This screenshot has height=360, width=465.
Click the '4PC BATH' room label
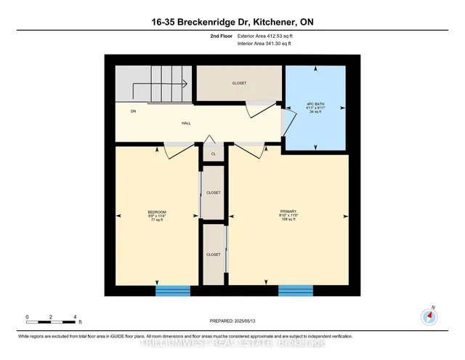tap(315, 104)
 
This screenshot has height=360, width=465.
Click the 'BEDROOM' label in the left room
tap(157, 212)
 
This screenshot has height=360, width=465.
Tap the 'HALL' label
tap(185, 124)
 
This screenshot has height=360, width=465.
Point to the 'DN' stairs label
tap(134, 111)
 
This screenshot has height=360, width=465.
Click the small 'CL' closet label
tap(213, 154)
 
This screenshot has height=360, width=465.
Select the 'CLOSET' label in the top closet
tap(239, 84)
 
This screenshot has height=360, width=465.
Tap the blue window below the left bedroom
tap(173, 291)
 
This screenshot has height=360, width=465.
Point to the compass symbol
tap(427, 316)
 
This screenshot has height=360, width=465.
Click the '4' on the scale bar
tap(75, 316)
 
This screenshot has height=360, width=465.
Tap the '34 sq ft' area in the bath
tap(315, 113)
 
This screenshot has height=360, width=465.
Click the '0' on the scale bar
tap(27, 316)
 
